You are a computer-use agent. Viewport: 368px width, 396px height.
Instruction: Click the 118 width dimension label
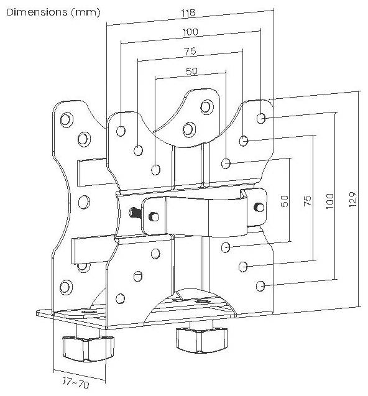(188, 12)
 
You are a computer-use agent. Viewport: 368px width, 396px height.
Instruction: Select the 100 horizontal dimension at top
(190, 32)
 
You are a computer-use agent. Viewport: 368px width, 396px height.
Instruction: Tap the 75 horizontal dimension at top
(190, 51)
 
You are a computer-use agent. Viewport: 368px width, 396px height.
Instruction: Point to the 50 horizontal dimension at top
(191, 71)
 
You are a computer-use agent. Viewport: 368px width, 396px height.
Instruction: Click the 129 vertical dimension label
(353, 200)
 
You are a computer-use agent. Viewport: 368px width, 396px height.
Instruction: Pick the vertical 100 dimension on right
(329, 201)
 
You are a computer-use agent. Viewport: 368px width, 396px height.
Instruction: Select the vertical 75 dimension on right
(307, 201)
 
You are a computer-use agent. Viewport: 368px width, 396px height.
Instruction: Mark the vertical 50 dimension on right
(285, 201)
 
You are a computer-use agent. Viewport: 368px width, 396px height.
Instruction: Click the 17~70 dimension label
(75, 382)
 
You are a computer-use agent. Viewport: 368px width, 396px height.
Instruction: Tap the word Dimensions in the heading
(37, 12)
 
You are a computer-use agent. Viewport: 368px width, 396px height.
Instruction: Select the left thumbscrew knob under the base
(88, 349)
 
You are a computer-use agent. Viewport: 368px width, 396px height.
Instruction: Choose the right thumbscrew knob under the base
(201, 339)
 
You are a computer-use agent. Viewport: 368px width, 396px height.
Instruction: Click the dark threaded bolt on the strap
(136, 213)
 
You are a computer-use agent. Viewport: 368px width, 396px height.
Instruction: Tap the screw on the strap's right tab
(259, 207)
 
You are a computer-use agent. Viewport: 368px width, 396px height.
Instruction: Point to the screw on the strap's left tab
(154, 217)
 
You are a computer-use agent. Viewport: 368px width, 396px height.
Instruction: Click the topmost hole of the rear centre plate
(207, 107)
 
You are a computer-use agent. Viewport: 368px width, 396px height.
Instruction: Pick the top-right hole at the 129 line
(261, 118)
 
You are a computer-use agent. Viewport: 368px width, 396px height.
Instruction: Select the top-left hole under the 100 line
(121, 131)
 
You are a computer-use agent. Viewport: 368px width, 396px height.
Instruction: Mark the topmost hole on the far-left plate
(67, 119)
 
